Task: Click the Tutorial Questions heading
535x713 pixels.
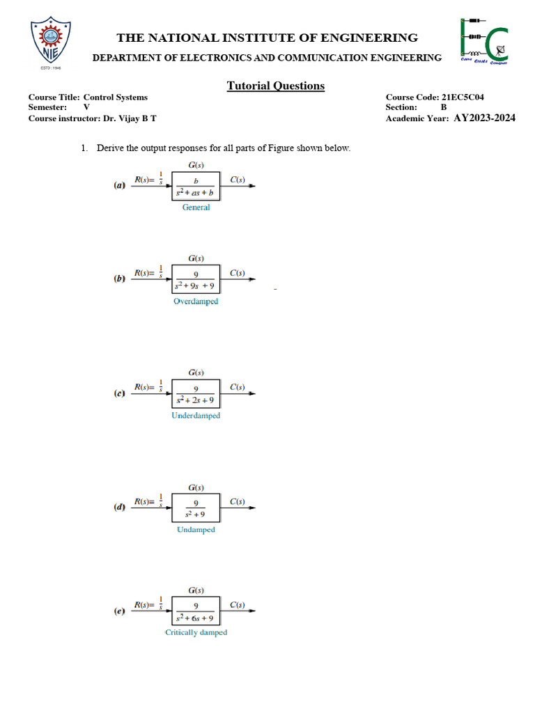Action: pyautogui.click(x=275, y=86)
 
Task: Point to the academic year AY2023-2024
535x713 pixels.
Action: pyautogui.click(x=485, y=118)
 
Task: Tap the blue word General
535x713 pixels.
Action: pyautogui.click(x=196, y=207)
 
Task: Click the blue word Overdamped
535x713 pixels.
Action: pyautogui.click(x=196, y=301)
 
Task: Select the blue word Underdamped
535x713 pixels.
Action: pyautogui.click(x=196, y=416)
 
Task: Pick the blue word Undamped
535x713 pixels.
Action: pyautogui.click(x=196, y=530)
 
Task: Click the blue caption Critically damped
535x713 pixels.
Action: pyautogui.click(x=196, y=633)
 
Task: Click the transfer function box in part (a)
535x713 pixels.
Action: pyautogui.click(x=196, y=186)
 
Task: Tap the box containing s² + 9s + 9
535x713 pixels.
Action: pyautogui.click(x=196, y=279)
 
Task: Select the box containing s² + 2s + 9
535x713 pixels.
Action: pyautogui.click(x=196, y=394)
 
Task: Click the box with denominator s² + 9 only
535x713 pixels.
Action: pyautogui.click(x=196, y=508)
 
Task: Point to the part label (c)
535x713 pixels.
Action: pyautogui.click(x=120, y=394)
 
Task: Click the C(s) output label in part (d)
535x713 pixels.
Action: pyautogui.click(x=237, y=501)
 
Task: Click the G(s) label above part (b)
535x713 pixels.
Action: pyautogui.click(x=196, y=258)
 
